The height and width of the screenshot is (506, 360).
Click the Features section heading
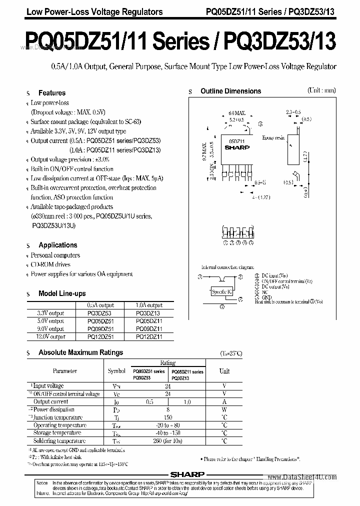pyautogui.click(x=52, y=93)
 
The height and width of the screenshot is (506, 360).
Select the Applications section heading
pyautogui.click(x=58, y=245)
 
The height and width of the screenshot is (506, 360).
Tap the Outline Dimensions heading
pyautogui.click(x=230, y=91)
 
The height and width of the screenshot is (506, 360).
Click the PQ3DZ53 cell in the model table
pyautogui.click(x=100, y=313)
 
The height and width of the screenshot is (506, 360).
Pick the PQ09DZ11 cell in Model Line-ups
pyautogui.click(x=149, y=329)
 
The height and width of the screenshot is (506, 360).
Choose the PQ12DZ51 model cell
pyautogui.click(x=100, y=337)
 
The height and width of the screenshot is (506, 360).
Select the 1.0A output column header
pyautogui.click(x=149, y=305)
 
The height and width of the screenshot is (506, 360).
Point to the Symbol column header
pyautogui.click(x=117, y=371)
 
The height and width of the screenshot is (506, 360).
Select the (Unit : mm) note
pyautogui.click(x=321, y=90)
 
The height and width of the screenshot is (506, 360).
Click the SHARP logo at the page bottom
pyautogui.click(x=183, y=476)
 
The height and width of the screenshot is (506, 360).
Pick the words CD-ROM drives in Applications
pyautogui.click(x=50, y=264)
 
